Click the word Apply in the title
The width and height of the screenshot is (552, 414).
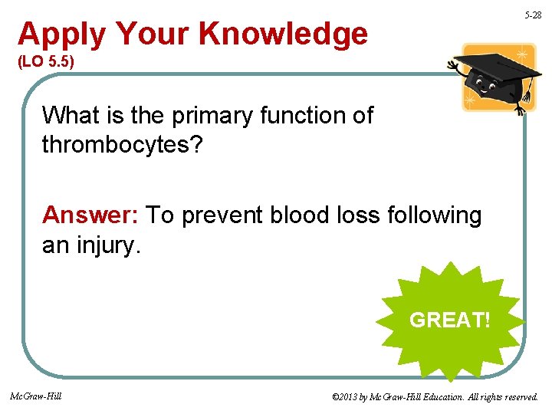coord(62,34)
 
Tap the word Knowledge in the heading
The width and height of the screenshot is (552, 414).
coord(283,34)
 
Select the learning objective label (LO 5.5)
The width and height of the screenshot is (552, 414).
coord(46,61)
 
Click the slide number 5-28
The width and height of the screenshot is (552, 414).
coord(532,15)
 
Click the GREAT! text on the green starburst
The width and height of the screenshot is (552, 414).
coord(450,320)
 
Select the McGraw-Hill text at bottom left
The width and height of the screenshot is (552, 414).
coord(35,396)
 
